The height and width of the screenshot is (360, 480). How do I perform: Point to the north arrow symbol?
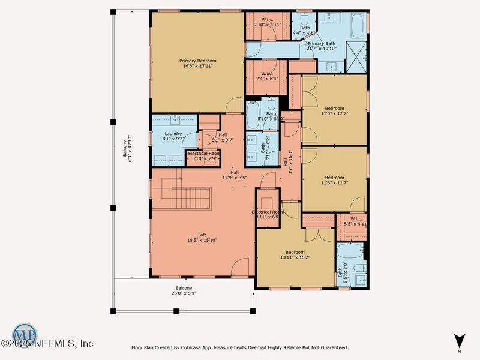click(x=459, y=341)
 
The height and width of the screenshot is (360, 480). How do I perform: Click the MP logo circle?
click(x=24, y=334)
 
